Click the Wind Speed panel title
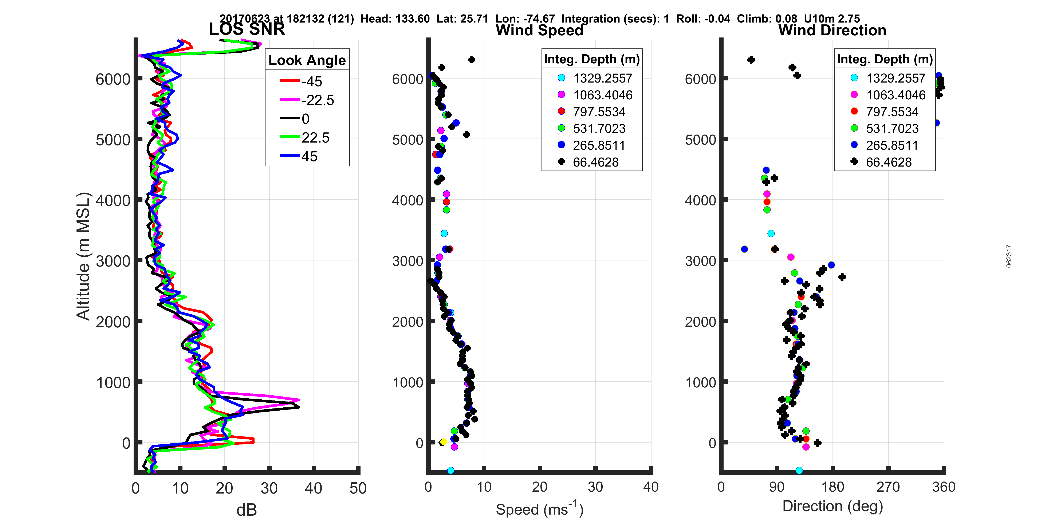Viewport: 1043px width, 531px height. (x=539, y=30)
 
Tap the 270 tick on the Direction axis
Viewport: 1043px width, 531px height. (x=888, y=487)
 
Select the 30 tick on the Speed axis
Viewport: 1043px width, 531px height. (x=595, y=487)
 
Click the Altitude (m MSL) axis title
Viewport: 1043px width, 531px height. (x=83, y=256)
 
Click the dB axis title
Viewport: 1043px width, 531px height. (x=247, y=510)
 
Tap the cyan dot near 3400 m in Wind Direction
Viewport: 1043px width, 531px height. (x=771, y=233)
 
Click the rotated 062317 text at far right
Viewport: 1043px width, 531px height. (x=1009, y=256)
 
